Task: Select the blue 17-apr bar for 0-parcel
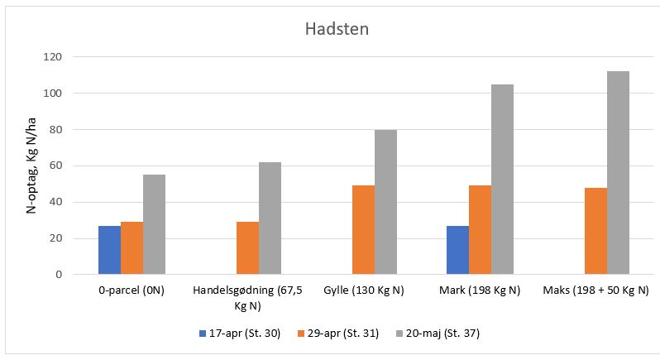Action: coord(109,250)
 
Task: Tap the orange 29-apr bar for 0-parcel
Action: coord(132,248)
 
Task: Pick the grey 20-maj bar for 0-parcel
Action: coord(154,224)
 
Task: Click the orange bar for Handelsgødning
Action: coord(247,248)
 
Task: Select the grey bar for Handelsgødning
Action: coord(270,218)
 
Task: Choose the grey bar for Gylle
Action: coord(385,202)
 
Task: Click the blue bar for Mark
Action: coord(457,250)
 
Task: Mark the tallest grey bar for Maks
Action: coord(618,173)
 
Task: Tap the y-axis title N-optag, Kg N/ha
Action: coord(31,166)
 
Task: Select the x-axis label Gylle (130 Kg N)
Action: coord(363,290)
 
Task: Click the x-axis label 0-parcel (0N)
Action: coord(132,290)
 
